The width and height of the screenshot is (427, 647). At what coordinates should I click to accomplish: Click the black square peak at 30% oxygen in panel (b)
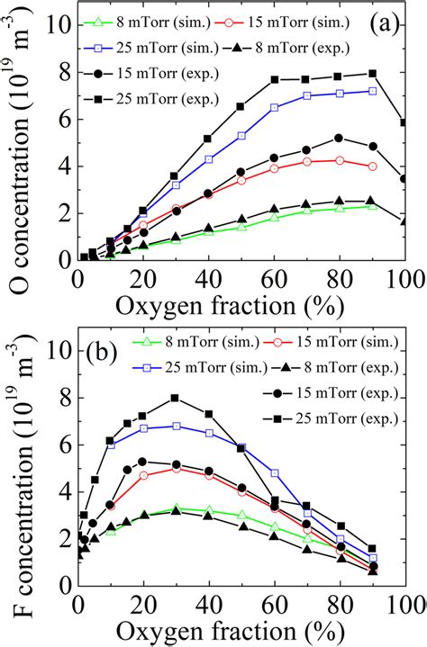tap(176, 398)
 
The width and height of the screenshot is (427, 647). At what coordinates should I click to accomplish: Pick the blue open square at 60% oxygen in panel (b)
tap(274, 472)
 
